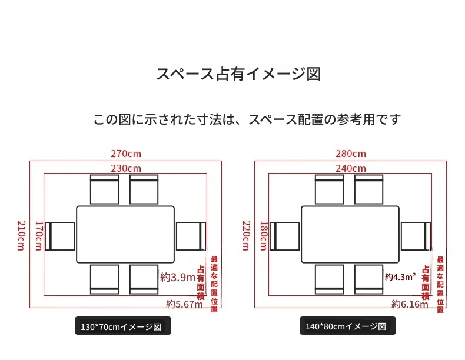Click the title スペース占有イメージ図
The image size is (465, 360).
[238, 74]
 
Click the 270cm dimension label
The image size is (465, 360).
[126, 154]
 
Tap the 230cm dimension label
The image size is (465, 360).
[126, 169]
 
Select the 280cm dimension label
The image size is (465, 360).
[351, 154]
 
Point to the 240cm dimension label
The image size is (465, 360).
[351, 169]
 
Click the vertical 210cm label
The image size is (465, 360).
[21, 235]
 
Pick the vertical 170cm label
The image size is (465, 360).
[39, 235]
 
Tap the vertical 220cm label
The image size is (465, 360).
[246, 235]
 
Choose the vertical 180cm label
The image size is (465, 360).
[264, 235]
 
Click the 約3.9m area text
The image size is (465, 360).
[178, 277]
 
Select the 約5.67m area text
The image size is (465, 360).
[184, 304]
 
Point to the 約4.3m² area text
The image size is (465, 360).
[400, 276]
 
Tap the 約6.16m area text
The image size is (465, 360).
[410, 304]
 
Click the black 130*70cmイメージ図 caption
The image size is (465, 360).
[123, 326]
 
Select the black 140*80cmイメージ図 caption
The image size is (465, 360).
[347, 326]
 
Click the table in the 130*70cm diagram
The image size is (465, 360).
[125, 234]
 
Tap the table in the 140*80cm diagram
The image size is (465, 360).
[350, 234]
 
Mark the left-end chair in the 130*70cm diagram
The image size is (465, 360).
[60, 236]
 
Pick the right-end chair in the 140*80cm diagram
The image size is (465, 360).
[416, 236]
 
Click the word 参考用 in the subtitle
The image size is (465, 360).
[356, 119]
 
